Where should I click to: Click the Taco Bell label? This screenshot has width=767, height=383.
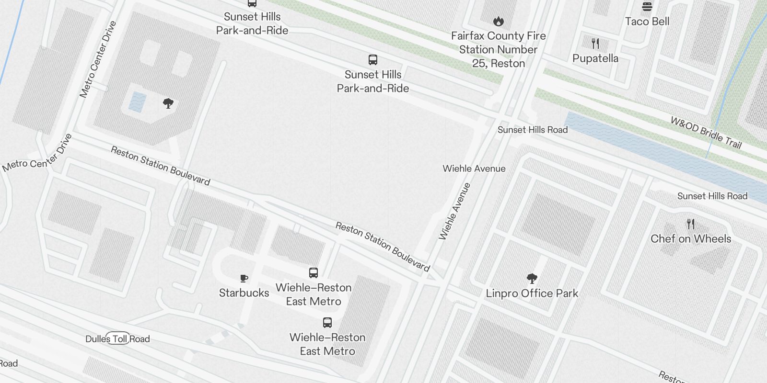tap(647, 22)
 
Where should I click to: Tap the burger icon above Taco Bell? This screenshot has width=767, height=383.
tap(647, 7)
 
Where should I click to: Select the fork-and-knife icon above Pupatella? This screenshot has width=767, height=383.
tap(595, 44)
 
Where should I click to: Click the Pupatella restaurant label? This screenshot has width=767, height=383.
tap(595, 58)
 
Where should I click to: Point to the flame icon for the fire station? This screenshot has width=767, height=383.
tap(499, 21)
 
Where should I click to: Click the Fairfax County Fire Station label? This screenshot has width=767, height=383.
tap(499, 49)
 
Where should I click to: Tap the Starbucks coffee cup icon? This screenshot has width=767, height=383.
tap(244, 278)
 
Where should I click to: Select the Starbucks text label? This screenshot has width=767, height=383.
tap(244, 293)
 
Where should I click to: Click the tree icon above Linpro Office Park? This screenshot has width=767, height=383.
tap(532, 278)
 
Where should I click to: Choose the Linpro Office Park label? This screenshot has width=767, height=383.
tap(532, 293)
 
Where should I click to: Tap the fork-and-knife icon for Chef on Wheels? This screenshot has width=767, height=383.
tap(691, 224)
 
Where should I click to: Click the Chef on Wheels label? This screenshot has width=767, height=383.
tap(691, 239)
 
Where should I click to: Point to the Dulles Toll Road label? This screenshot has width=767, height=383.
tap(117, 339)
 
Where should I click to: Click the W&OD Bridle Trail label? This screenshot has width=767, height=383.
tap(706, 133)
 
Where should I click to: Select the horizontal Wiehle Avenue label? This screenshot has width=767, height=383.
tap(474, 169)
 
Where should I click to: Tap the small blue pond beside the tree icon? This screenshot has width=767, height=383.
tap(138, 102)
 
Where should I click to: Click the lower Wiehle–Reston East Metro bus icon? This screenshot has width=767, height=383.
tap(327, 322)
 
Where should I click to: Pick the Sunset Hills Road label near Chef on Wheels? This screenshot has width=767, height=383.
tap(712, 196)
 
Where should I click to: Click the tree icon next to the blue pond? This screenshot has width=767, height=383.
tap(168, 103)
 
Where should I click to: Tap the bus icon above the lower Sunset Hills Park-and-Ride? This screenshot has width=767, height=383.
tap(373, 60)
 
